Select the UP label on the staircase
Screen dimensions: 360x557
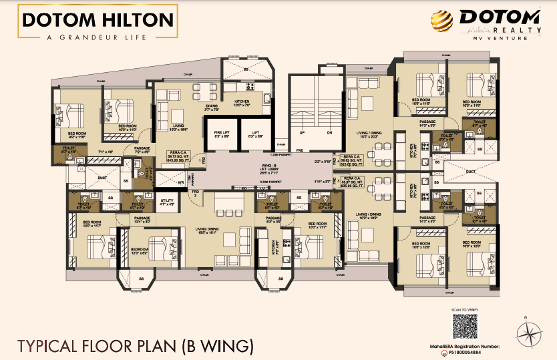(301, 132)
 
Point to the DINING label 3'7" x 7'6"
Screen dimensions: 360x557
(212, 108)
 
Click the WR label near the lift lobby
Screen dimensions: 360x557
(180, 182)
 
